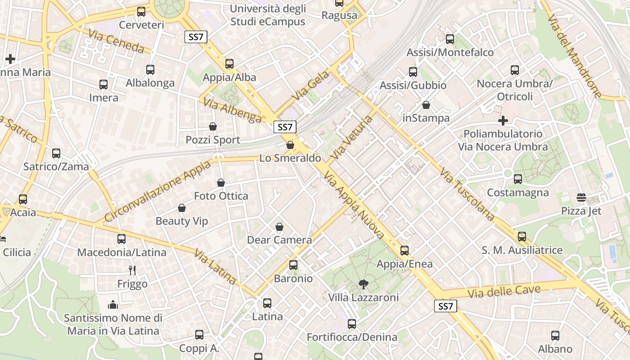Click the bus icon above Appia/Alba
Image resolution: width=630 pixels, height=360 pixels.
point(229,64)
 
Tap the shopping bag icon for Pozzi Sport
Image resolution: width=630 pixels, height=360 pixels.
point(213,127)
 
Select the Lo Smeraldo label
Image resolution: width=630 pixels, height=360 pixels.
point(290,158)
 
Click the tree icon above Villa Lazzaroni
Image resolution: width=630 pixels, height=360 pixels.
point(363,284)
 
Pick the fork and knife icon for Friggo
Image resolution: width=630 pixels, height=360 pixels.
point(132,270)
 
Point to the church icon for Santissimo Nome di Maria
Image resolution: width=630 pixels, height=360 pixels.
point(113,305)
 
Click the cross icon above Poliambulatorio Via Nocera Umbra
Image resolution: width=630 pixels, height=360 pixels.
point(503,121)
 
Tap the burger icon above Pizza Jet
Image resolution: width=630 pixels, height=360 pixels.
point(581,197)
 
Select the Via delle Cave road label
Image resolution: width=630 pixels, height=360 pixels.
point(504,292)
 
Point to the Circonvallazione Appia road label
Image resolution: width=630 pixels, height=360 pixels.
point(157,192)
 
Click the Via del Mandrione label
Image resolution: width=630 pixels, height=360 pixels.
point(575,56)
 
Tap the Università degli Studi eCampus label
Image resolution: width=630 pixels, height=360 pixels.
point(268,15)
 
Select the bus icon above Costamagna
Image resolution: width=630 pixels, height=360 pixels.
point(518,179)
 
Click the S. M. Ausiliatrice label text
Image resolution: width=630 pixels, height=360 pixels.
point(522,250)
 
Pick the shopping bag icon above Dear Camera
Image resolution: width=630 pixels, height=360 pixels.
point(279,227)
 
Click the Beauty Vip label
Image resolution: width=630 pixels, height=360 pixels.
point(182,221)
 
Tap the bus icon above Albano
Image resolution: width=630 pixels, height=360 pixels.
point(555,336)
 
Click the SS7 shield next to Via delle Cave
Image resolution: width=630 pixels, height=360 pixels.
point(445,306)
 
